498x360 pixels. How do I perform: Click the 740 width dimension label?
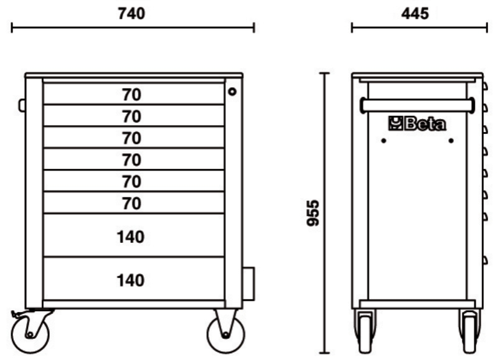click(131, 14)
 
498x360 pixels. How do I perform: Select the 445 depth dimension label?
click(415, 14)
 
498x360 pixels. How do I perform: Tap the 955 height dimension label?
click(313, 213)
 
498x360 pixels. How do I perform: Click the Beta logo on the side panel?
click(417, 123)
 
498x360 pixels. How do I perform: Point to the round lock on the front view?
click(232, 92)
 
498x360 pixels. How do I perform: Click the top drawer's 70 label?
click(131, 95)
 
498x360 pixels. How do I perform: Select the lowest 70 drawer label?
click(131, 203)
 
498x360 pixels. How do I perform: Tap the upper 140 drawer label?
click(131, 237)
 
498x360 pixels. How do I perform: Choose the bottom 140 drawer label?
click(131, 280)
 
